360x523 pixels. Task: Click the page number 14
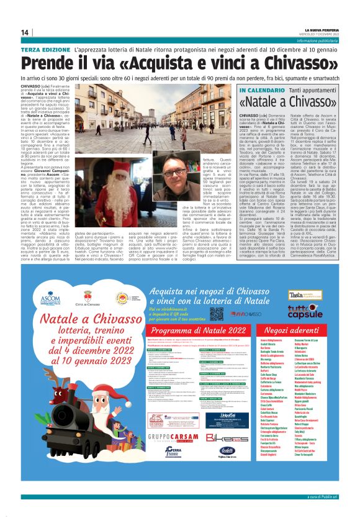[x=25, y=32]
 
